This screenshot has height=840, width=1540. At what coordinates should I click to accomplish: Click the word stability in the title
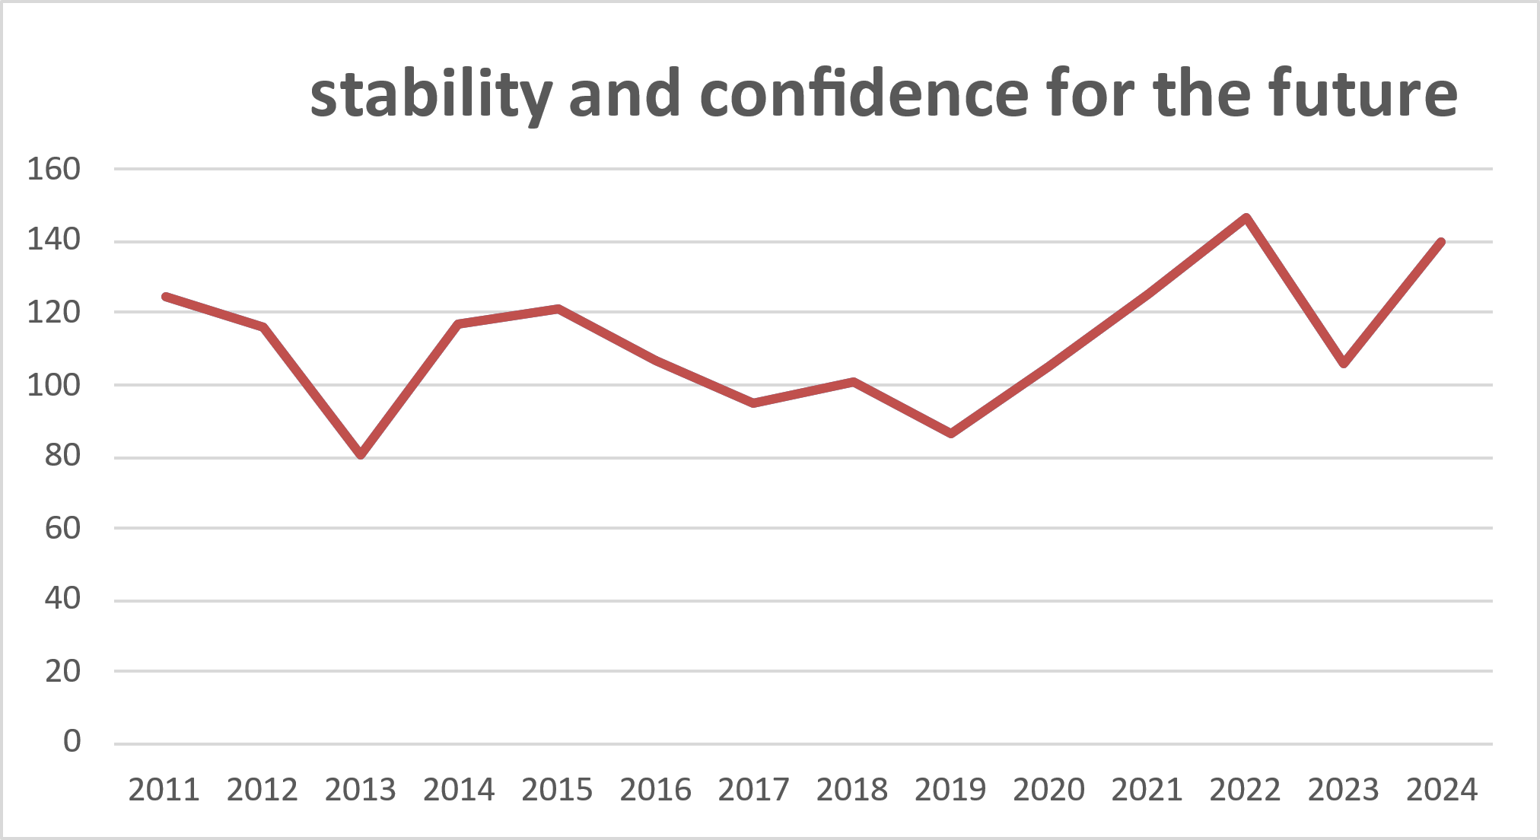[x=431, y=95]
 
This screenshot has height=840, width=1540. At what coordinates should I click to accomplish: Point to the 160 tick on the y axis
[x=53, y=169]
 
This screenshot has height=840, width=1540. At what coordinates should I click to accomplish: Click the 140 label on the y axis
[x=53, y=240]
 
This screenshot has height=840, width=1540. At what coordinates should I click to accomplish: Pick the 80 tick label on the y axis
[x=62, y=456]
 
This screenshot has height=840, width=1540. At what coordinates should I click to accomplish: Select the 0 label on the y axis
[x=72, y=741]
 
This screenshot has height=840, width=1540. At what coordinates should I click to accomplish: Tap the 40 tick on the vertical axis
[x=62, y=599]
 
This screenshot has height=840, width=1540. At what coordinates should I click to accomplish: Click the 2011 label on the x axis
[x=164, y=791]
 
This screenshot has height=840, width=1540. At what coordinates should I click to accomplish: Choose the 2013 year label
[x=360, y=791]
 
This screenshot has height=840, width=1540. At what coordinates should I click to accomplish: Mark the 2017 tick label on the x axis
[x=753, y=791]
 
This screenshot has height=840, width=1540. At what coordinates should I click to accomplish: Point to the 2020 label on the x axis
[x=1048, y=791]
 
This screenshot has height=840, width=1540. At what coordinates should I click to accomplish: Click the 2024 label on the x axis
[x=1441, y=791]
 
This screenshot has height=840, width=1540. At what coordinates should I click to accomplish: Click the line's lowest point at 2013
[x=361, y=455]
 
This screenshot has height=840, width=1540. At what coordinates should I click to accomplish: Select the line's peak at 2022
[x=1246, y=218]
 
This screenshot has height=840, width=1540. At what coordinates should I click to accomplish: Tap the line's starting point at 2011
[x=165, y=296]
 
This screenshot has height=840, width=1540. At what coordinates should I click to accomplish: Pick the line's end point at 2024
[x=1441, y=242]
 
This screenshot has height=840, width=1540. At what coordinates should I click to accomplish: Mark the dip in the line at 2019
[x=951, y=434]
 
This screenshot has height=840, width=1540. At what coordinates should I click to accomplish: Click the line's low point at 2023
[x=1344, y=364]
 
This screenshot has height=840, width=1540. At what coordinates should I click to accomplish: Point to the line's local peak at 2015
[x=558, y=309]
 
